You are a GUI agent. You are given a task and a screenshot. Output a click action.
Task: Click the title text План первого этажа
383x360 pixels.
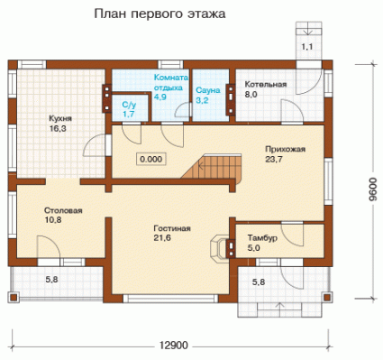pos(160,14)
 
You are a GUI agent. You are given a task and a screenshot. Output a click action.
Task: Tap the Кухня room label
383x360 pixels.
pos(60,118)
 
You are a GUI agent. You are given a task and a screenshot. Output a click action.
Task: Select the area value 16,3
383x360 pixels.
pos(58,129)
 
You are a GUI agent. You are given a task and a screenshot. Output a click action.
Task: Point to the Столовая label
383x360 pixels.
pos(63,210)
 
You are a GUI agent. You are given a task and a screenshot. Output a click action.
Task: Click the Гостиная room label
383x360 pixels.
pos(172,228)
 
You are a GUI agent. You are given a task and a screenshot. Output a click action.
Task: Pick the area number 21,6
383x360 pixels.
pos(162,238)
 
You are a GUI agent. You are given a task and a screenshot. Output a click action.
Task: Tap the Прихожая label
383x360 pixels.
pos(285,150)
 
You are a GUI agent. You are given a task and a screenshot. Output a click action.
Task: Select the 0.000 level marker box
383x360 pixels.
pos(151,159)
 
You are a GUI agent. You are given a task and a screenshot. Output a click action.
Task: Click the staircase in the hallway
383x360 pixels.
pos(211,166)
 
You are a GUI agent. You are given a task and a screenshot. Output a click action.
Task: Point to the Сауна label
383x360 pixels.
pos(208,90)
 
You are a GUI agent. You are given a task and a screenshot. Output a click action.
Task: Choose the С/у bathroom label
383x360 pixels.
pos(129,105)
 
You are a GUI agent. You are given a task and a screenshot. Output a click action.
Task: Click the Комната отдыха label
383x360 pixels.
pos(171,82)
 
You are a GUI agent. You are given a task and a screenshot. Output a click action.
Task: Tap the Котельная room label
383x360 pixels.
pos(266,85)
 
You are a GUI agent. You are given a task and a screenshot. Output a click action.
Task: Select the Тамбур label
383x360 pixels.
pos(262,238)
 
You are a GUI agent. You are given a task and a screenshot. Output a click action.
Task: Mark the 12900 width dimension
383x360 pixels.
pos(173,346)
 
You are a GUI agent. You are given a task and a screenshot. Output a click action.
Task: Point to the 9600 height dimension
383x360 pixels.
pos(372,189)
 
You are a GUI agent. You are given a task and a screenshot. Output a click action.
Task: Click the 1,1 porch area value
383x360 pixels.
pos(307,47)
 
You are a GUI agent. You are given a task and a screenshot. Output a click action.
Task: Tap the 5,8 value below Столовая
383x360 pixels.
pos(51,280)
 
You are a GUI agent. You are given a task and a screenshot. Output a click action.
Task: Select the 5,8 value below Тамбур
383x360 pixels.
pos(259,282)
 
